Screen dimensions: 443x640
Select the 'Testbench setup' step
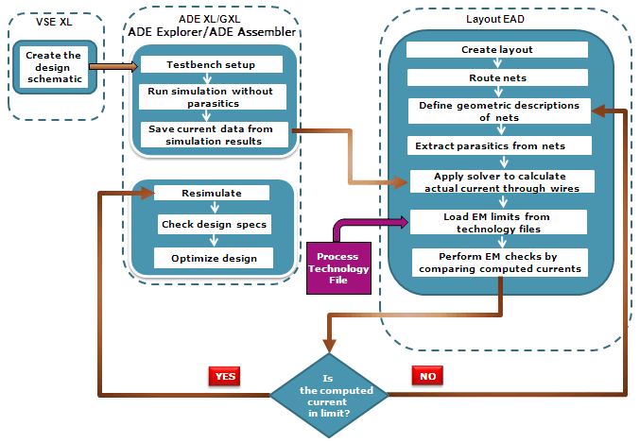pos(212,64)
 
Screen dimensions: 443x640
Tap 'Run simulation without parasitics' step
pos(212,96)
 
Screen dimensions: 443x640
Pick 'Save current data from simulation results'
pos(212,134)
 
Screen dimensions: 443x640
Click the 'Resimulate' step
pos(212,192)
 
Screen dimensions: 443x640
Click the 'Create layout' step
pos(497,49)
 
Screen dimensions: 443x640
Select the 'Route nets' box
pos(497,77)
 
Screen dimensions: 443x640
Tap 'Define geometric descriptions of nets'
pos(497,111)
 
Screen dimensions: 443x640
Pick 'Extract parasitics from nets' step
pos(497,145)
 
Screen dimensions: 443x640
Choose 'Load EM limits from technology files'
pos(497,222)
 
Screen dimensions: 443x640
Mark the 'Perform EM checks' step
pos(497,262)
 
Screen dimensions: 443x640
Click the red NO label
pos(426,375)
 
